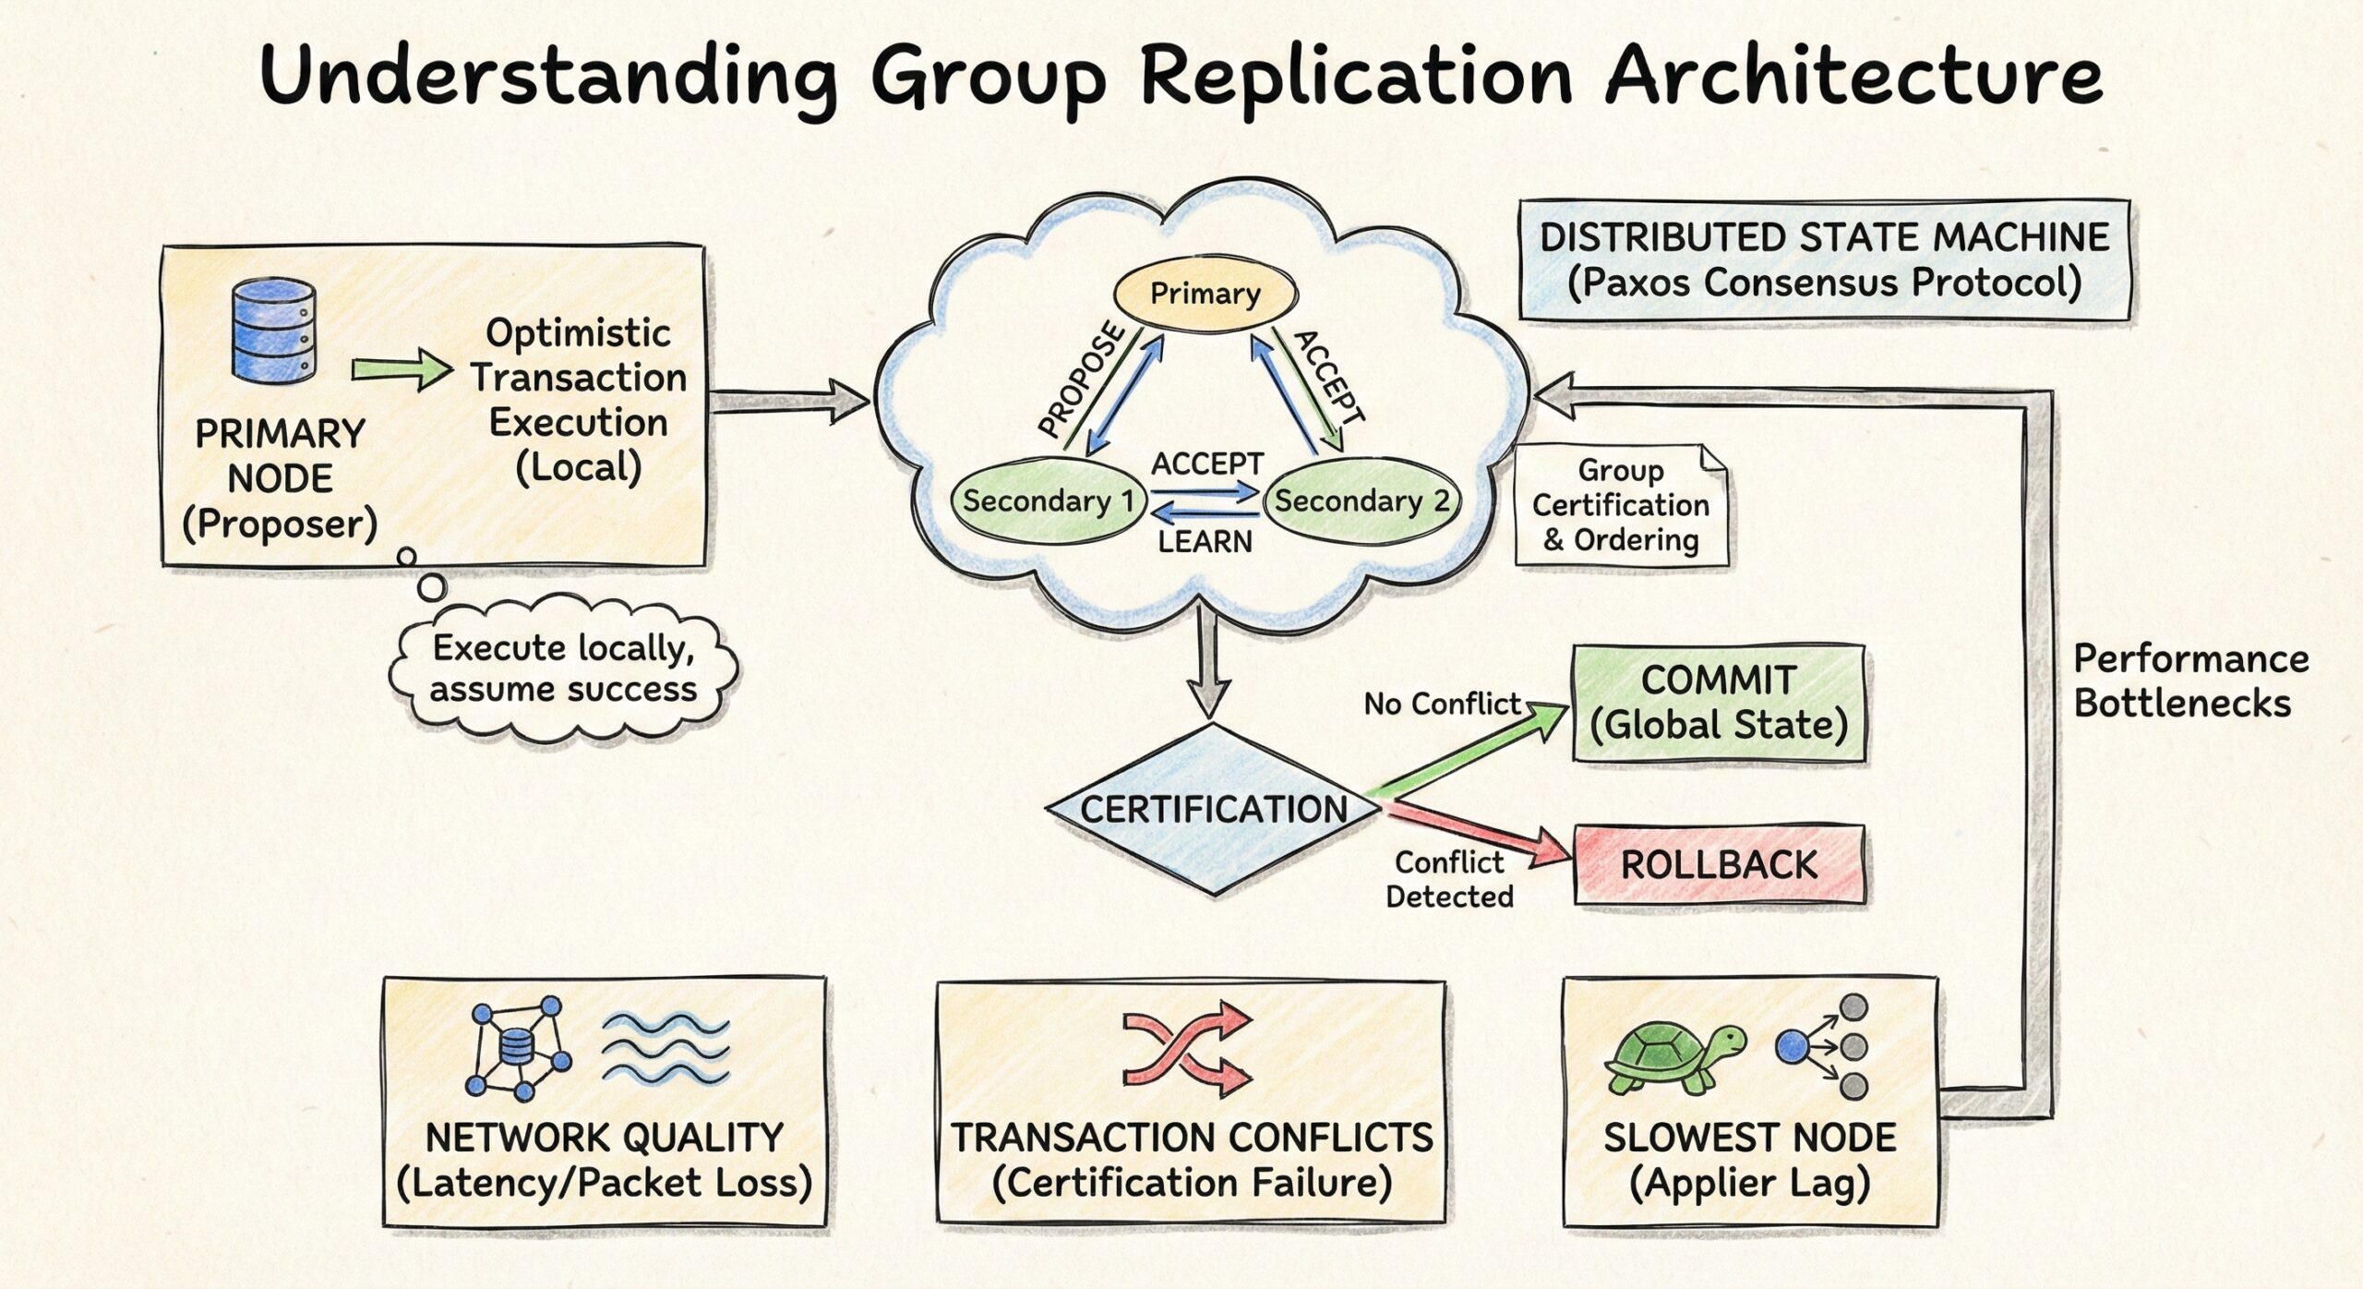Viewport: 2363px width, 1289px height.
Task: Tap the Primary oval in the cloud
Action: (x=1205, y=294)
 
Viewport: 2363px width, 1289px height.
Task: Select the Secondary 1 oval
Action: (x=1048, y=501)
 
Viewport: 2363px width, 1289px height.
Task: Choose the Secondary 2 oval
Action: (x=1361, y=501)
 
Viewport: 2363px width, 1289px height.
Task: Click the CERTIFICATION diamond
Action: (x=1214, y=810)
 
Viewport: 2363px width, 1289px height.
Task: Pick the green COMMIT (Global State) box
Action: (x=1718, y=704)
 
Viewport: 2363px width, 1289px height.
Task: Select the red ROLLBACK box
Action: (x=1718, y=865)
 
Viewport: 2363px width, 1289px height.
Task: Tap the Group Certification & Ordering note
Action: (x=1620, y=505)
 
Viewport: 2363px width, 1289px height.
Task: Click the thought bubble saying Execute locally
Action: (x=563, y=669)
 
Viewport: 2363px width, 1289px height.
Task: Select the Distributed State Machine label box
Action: (x=1824, y=259)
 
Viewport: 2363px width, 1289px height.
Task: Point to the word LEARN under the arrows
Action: (x=1205, y=542)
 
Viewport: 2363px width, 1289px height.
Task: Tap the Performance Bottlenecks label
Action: (x=2189, y=681)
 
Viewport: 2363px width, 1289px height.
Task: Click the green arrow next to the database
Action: (x=402, y=370)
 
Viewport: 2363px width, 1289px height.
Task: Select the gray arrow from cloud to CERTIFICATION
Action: (x=1208, y=665)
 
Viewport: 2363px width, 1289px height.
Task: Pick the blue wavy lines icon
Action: (x=665, y=1049)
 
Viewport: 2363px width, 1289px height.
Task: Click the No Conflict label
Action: (x=1441, y=705)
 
